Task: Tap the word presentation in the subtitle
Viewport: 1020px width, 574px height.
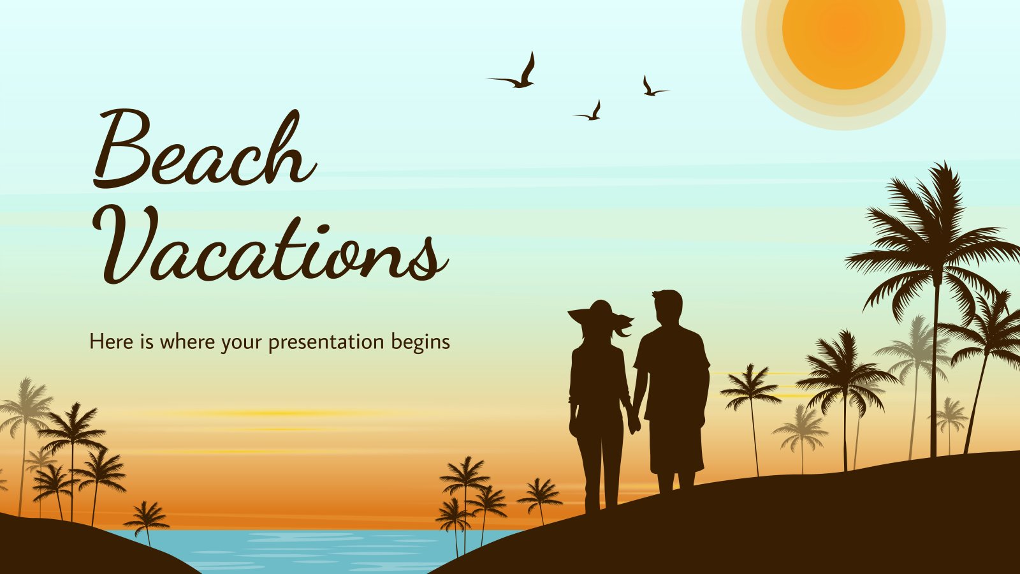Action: [326, 342]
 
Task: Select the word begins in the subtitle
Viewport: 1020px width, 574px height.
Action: [421, 342]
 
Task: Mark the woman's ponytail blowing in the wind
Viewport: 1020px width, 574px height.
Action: [622, 327]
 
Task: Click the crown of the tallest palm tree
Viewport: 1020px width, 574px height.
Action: [933, 237]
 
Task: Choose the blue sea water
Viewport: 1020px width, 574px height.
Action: [310, 551]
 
